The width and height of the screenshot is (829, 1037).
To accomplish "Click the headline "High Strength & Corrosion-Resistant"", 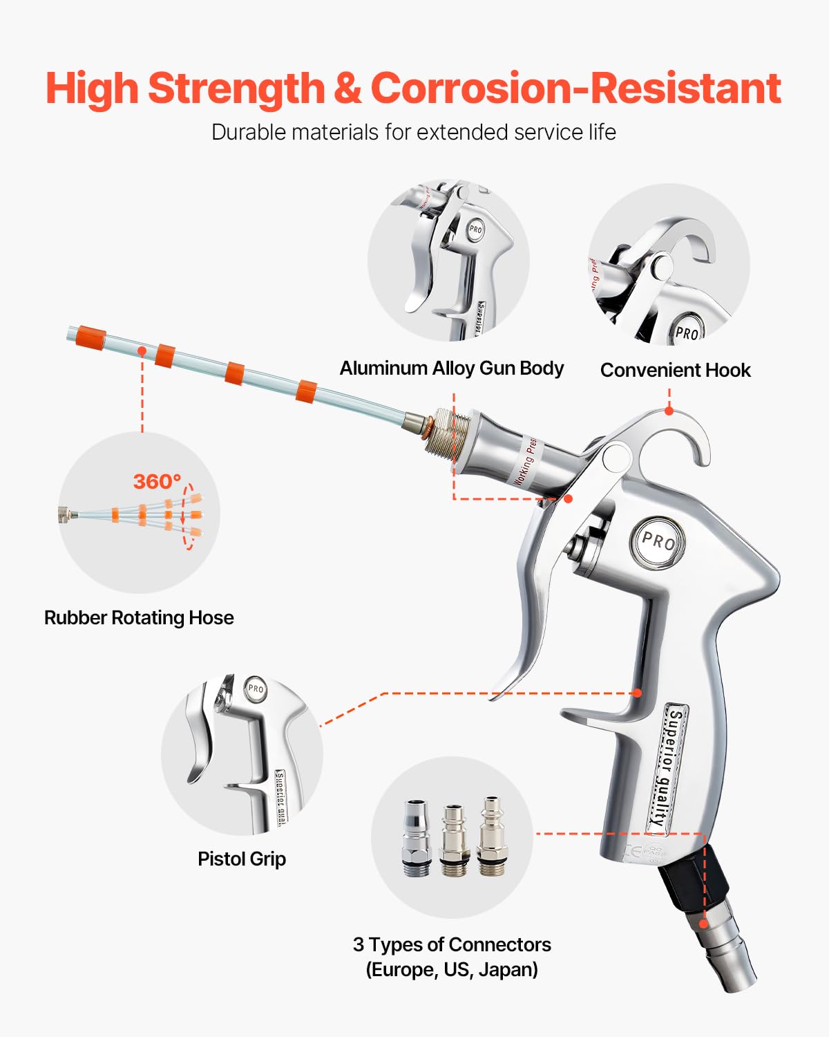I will [413, 88].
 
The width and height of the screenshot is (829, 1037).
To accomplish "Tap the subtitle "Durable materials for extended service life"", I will [413, 132].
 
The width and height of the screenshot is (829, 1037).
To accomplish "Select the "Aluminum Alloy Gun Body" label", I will [451, 368].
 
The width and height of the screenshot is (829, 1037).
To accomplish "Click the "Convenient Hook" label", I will [675, 371].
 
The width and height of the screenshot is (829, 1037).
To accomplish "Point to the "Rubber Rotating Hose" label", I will [139, 617].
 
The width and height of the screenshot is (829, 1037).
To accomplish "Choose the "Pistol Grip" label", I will [241, 859].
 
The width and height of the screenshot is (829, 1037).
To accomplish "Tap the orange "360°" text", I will [157, 481].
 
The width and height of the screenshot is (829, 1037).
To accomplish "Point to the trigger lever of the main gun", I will [535, 608].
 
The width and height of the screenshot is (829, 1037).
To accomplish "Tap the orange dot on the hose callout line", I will [142, 351].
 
